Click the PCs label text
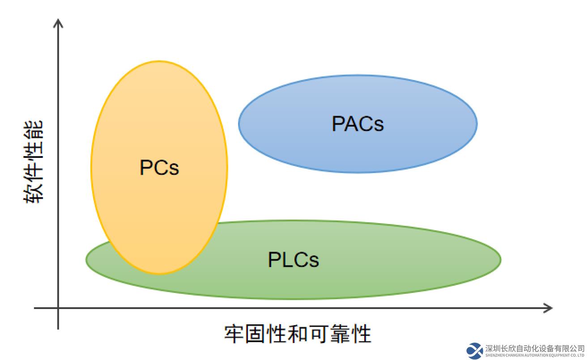click(159, 168)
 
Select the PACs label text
click(358, 123)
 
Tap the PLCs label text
click(293, 259)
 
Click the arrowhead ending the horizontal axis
click(549, 308)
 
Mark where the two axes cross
click(58, 308)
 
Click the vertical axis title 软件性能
click(34, 161)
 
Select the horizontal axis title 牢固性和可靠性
click(298, 334)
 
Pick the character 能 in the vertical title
click(34, 129)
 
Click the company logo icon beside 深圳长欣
click(474, 351)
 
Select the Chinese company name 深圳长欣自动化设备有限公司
click(535, 348)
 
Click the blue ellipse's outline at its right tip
click(477, 123)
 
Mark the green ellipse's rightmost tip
click(501, 259)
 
